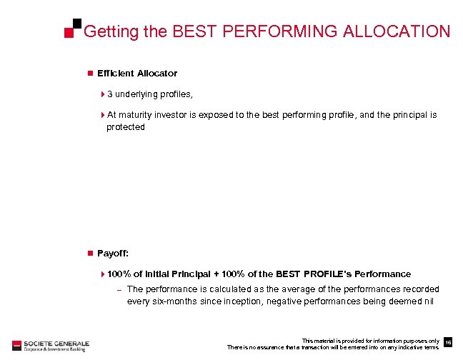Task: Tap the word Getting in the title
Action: (108, 32)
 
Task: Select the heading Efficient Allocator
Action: (137, 73)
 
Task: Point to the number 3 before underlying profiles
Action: (110, 94)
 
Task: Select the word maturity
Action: (136, 114)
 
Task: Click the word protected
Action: (126, 126)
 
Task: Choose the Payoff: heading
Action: (112, 253)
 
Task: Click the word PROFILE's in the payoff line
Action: (327, 274)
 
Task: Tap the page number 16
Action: (448, 342)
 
